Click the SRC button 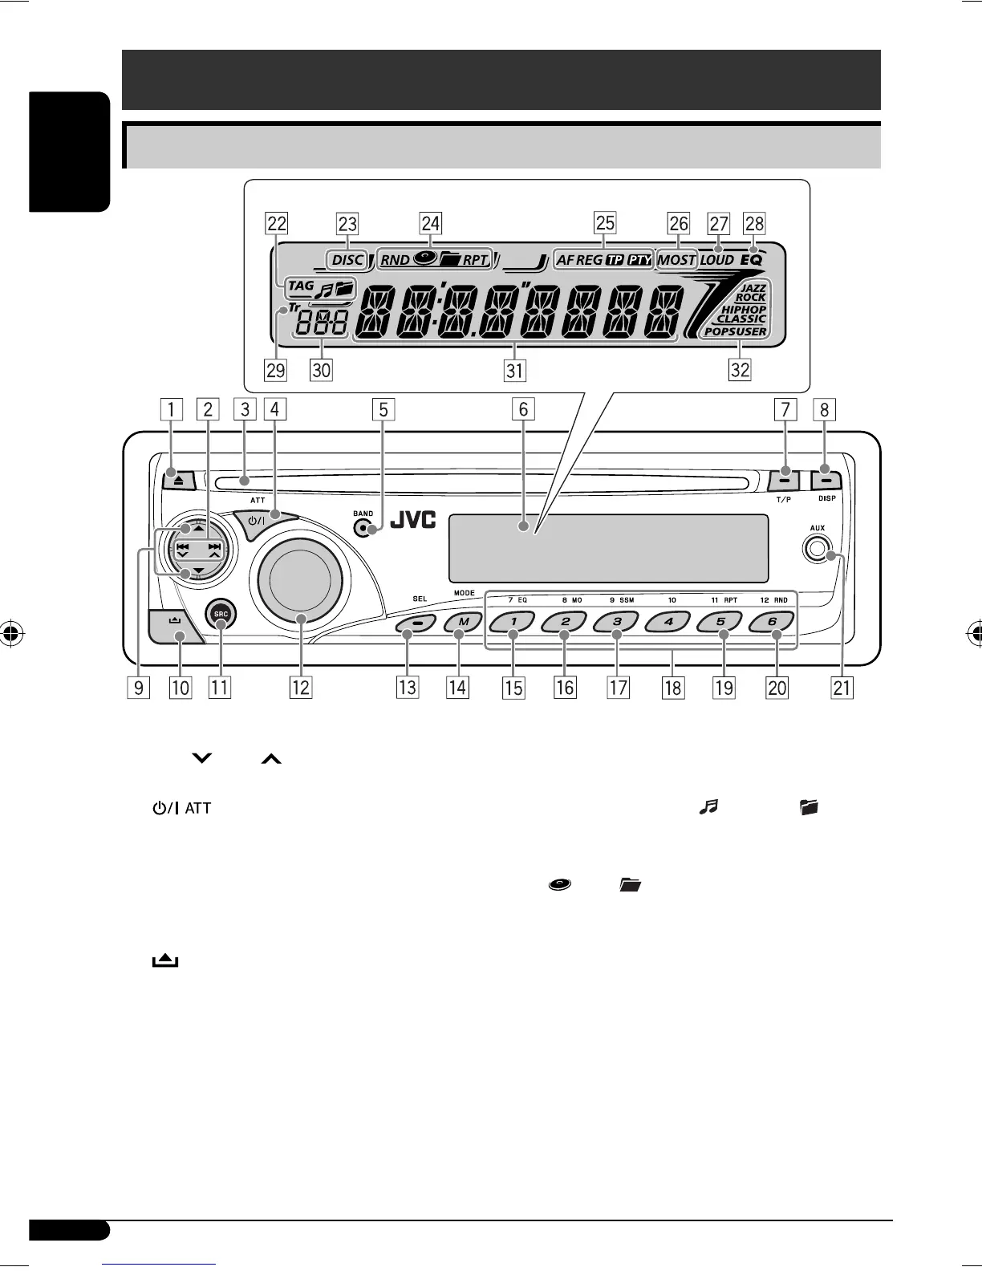221,615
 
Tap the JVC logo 412,521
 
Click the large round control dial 298,580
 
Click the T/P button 784,481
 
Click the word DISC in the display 347,260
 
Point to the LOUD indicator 716,260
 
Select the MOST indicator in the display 676,260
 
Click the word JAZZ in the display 753,287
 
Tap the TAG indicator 301,286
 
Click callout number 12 300,687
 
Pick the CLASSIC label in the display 741,319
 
